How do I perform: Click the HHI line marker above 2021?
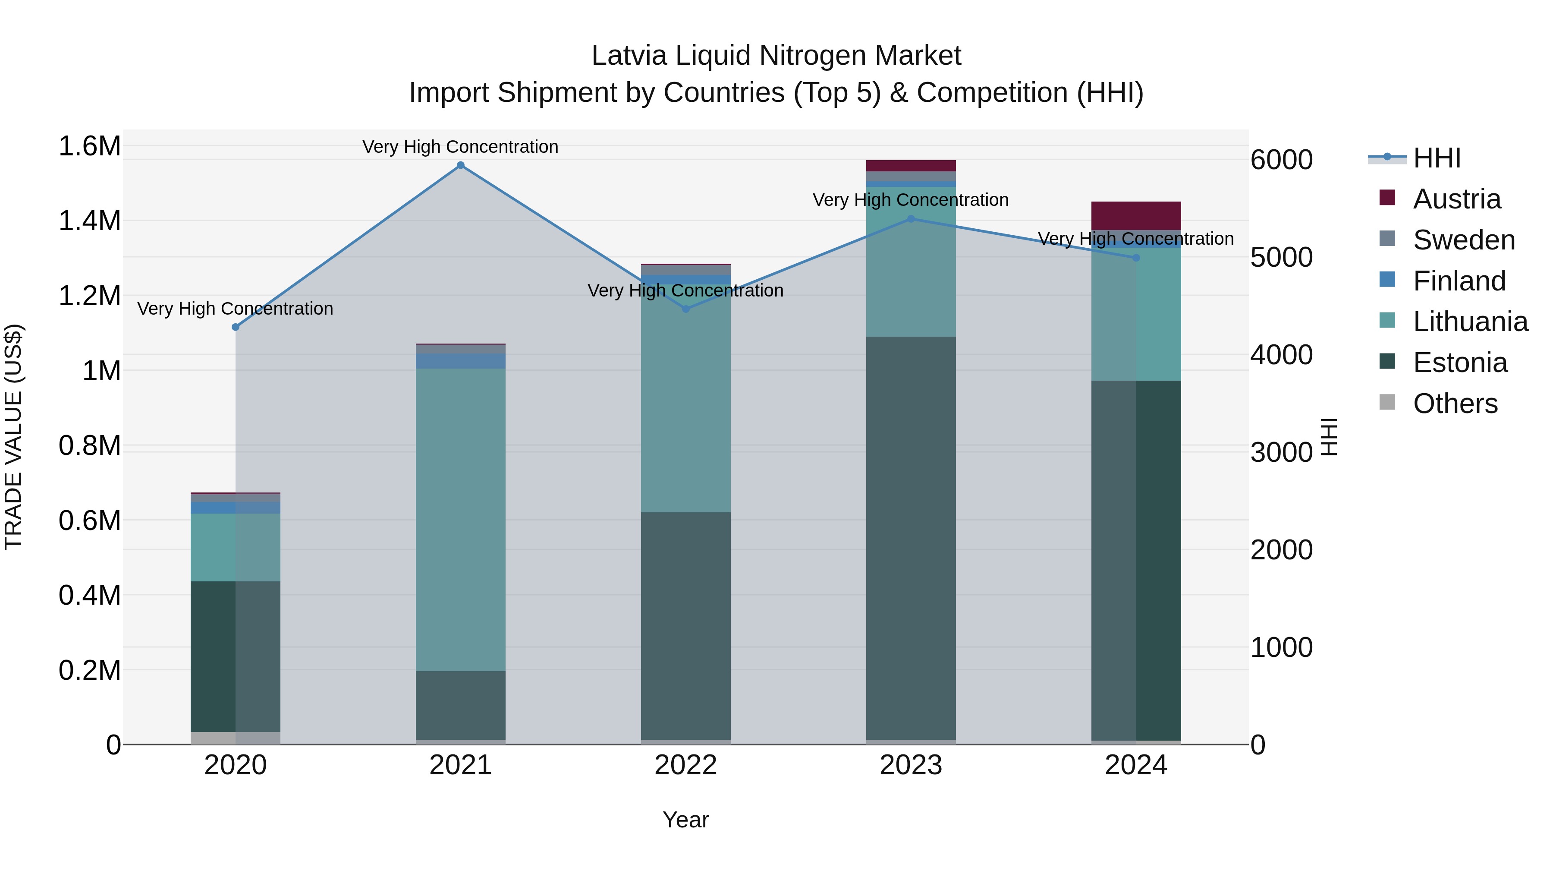(461, 165)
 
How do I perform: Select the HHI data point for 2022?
(685, 309)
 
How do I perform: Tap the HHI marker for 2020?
(236, 327)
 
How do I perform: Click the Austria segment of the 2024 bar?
(1136, 215)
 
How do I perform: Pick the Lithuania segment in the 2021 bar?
(461, 519)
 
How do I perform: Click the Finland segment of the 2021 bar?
(461, 361)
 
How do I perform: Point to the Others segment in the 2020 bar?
(236, 737)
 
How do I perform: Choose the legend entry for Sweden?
(1464, 240)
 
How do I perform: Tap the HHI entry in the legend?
(1437, 158)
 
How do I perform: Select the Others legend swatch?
(1387, 402)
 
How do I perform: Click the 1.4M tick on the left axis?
(89, 221)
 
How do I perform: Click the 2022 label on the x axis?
(685, 765)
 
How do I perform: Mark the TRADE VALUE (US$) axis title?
(13, 437)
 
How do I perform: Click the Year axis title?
(685, 820)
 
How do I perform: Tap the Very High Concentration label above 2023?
(910, 200)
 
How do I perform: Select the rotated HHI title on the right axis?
(1329, 437)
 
